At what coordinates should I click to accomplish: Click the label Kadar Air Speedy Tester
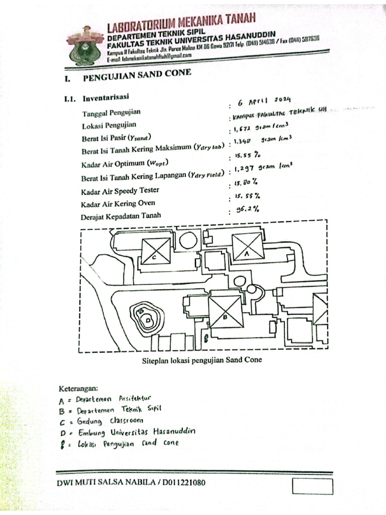(x=120, y=191)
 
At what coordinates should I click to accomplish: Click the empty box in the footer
(x=312, y=486)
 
